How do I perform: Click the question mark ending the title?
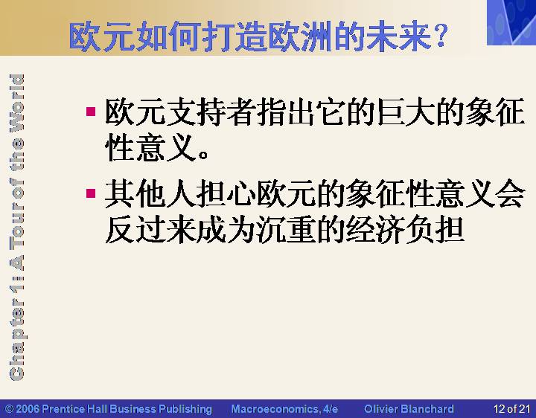(440, 35)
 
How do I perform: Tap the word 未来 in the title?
(398, 36)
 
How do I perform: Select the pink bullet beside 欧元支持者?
(91, 112)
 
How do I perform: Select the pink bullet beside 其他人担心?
(91, 193)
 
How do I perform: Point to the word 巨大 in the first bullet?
(406, 112)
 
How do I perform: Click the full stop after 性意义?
(203, 155)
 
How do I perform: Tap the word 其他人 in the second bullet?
(150, 193)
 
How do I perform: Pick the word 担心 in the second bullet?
(226, 193)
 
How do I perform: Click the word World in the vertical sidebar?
(16, 103)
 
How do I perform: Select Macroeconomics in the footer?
(275, 409)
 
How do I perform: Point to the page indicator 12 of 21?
(511, 409)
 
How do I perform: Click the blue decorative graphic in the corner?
(511, 22)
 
